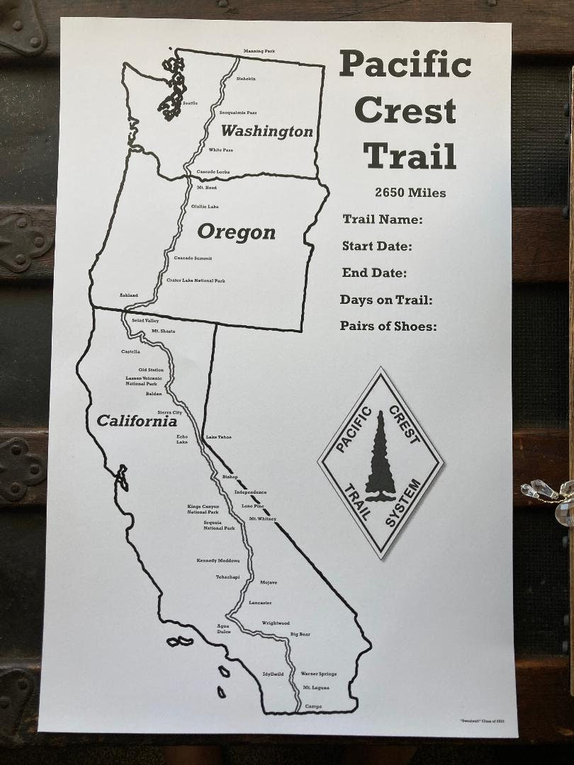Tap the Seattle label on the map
click(x=190, y=103)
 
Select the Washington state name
click(x=266, y=131)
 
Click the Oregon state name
click(x=236, y=232)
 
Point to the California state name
click(x=137, y=421)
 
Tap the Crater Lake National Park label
click(x=196, y=280)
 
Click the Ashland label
click(x=128, y=295)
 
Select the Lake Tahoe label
click(x=218, y=437)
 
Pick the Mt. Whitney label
click(x=262, y=518)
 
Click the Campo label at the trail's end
click(x=313, y=706)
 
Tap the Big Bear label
click(x=300, y=634)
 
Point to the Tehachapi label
click(x=227, y=577)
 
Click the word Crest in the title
click(x=405, y=110)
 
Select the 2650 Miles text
click(x=410, y=193)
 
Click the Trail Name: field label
click(x=383, y=220)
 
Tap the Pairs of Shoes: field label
click(x=388, y=326)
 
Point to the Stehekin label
click(x=246, y=79)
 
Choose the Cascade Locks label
click(x=213, y=172)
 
